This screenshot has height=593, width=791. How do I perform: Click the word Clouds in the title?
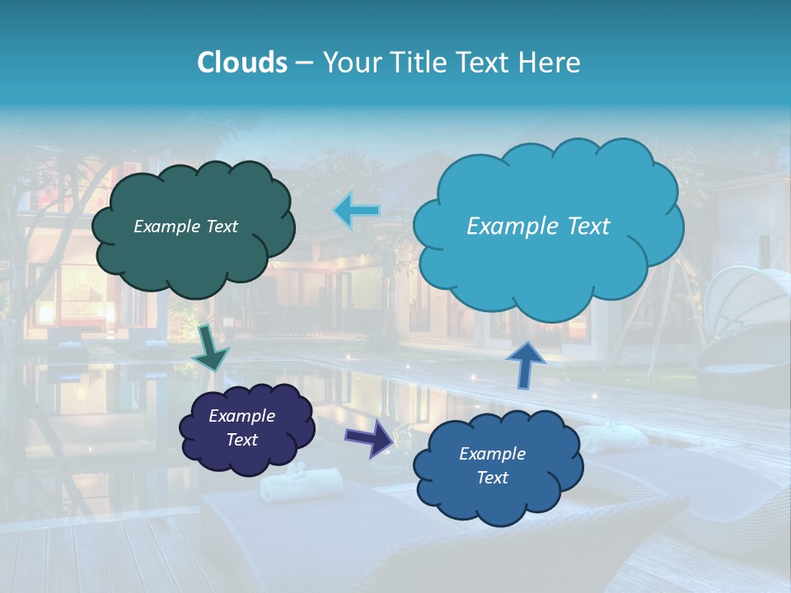(242, 63)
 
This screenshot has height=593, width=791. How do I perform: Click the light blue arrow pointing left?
(357, 211)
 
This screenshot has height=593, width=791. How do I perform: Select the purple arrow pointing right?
(369, 437)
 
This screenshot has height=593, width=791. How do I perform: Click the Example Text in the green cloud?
(185, 226)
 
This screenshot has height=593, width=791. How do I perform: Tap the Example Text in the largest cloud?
(538, 226)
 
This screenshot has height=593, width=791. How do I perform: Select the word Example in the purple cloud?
(241, 416)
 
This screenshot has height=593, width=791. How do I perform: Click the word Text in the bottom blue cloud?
(492, 478)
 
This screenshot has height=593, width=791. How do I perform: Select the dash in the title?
(304, 63)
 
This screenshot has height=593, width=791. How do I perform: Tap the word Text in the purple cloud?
(241, 440)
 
